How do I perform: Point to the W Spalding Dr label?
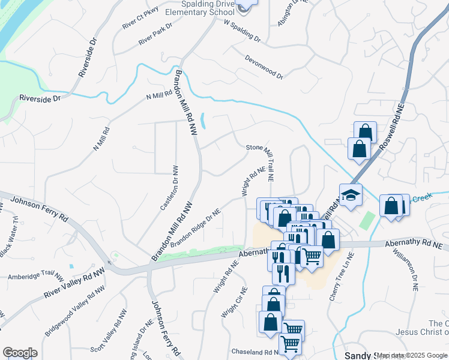click(x=242, y=31)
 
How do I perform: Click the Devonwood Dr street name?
click(x=264, y=67)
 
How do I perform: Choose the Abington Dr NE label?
click(x=288, y=11)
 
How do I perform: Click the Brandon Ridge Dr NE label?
click(x=196, y=229)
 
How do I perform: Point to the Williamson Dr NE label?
click(x=405, y=268)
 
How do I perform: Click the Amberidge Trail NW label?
click(x=35, y=277)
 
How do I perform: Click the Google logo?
click(x=20, y=353)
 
